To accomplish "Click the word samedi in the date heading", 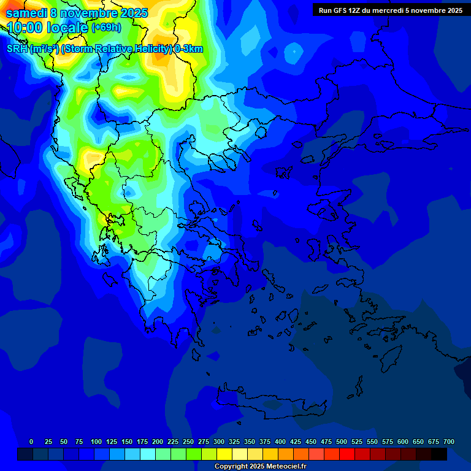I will [26, 13].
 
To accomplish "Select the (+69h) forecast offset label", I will [106, 28].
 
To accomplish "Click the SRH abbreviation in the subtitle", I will [17, 49].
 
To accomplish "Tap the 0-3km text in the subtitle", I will [189, 49].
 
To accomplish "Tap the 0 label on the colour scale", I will [31, 442].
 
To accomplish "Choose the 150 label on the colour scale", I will [127, 442].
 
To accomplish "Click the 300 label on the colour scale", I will [219, 442].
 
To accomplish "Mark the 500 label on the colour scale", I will [342, 442].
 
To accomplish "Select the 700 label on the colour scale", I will [448, 442].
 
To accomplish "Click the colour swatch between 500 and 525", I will [347, 454].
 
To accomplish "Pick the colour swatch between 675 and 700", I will [438, 454].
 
